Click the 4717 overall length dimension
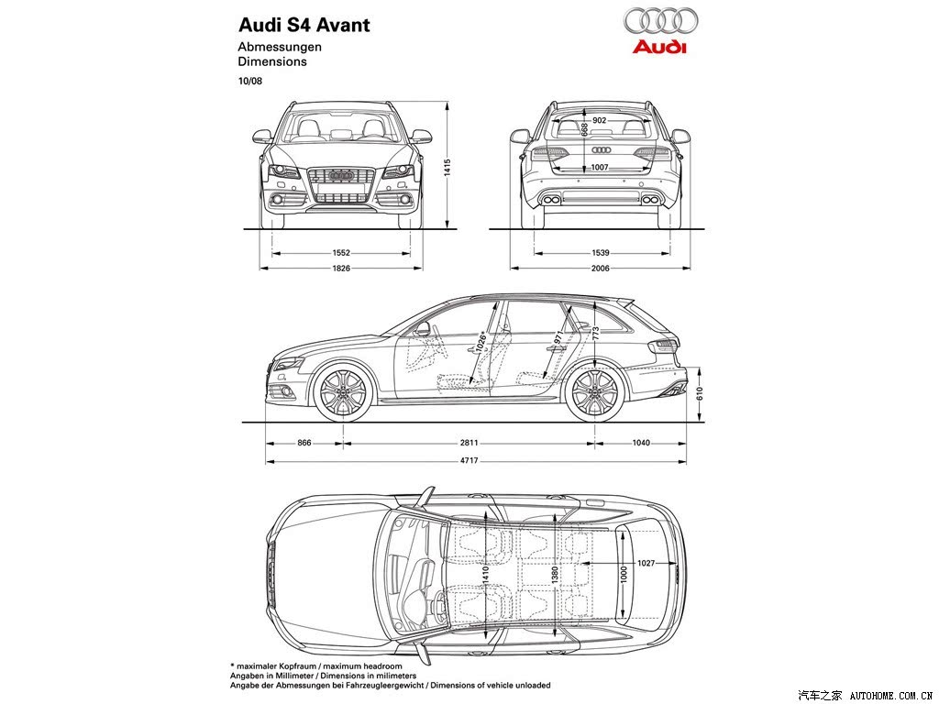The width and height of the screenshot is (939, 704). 470,461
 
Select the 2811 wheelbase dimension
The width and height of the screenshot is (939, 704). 469,443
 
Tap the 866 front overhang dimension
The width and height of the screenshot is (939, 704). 304,443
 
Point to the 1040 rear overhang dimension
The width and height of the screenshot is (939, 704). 641,443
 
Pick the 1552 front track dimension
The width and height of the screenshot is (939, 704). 341,253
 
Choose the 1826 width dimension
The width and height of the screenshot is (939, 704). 341,269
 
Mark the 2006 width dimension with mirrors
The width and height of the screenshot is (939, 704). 600,269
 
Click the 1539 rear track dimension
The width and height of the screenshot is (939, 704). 600,253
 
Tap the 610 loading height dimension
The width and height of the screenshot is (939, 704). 700,393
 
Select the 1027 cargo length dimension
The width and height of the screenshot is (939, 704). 646,563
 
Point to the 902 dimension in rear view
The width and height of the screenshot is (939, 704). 599,120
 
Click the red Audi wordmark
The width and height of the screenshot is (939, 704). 658,47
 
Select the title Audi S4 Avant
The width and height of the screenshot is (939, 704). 304,25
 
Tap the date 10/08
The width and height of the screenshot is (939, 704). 249,81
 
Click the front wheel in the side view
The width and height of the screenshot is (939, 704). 343,392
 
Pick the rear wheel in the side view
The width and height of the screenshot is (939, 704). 595,392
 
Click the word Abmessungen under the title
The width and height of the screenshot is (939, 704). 280,47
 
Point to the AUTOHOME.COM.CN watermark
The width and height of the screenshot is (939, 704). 892,695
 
